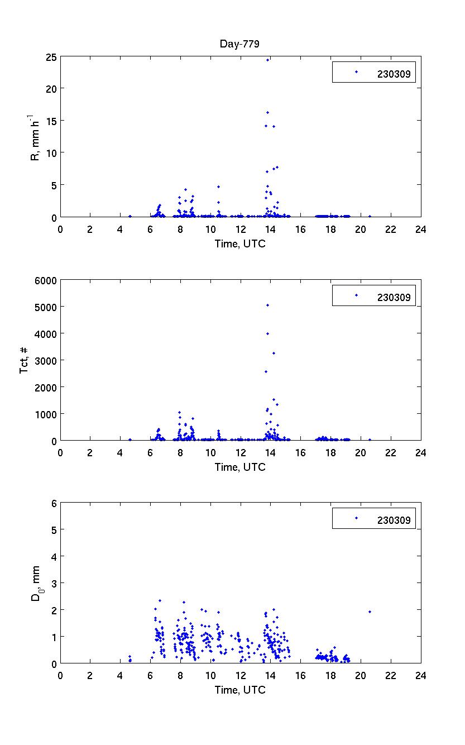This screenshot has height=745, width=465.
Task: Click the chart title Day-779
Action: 239,45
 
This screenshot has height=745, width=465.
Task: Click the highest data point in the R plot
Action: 267,60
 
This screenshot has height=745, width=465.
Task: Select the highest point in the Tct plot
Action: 267,305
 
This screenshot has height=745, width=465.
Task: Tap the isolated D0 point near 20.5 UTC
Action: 370,612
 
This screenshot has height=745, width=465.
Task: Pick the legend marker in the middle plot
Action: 356,295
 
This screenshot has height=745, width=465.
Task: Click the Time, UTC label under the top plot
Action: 240,243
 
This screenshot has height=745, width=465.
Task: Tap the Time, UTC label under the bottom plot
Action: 240,690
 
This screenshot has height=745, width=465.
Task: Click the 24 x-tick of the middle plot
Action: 420,453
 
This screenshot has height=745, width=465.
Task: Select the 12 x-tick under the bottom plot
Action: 241,675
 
